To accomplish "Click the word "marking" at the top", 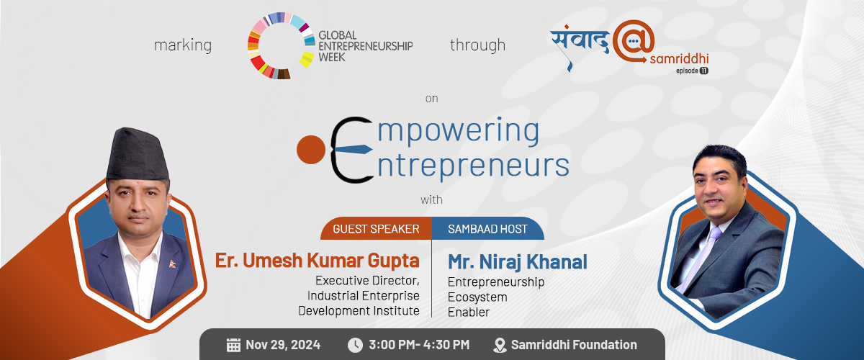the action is click(x=183, y=45).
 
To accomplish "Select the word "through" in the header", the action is click(x=477, y=45).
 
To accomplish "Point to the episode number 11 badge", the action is click(x=704, y=71).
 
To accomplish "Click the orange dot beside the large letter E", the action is click(x=311, y=150).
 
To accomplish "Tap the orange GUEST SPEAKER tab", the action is click(x=376, y=229).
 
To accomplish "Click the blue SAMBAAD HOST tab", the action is click(x=488, y=229).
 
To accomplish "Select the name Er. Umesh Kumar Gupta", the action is click(x=317, y=261).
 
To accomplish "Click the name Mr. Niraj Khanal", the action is click(x=517, y=261).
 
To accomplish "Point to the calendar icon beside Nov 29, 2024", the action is click(x=233, y=345).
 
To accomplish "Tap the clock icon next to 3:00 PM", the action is click(x=355, y=345).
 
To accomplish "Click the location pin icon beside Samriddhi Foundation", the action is click(x=500, y=346).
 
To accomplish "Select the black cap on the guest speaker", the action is click(x=137, y=154).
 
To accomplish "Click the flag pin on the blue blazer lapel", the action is click(x=172, y=264).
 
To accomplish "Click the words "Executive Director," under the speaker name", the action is click(x=367, y=281).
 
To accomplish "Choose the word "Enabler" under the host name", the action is click(x=469, y=312).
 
